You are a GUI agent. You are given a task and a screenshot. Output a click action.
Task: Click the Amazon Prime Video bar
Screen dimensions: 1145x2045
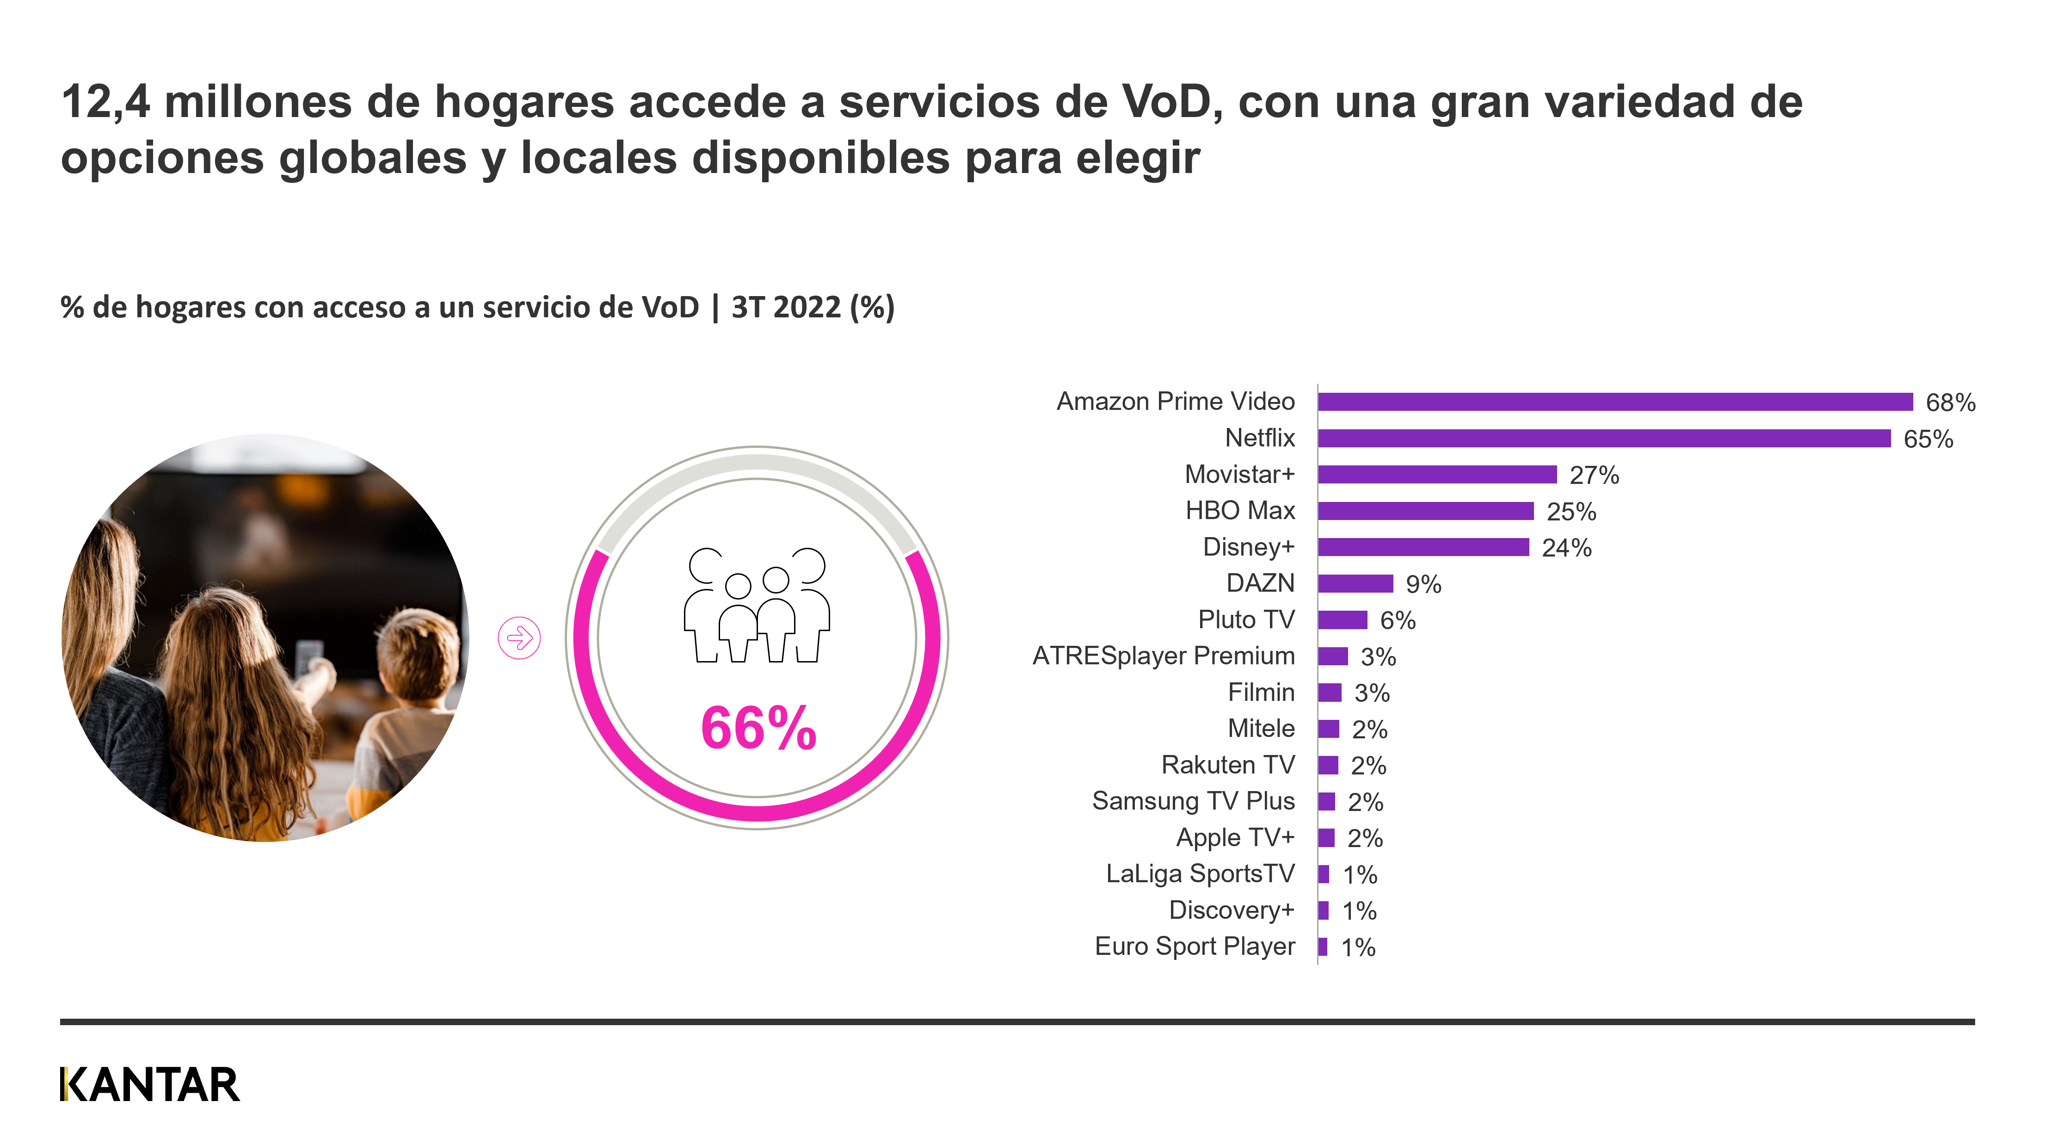tap(1615, 402)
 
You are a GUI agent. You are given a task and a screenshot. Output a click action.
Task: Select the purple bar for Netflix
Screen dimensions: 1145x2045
tap(1604, 438)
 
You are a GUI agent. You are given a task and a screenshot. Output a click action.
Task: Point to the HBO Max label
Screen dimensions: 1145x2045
tap(1239, 511)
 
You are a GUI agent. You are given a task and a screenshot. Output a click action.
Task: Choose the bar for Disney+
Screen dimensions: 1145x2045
tap(1423, 547)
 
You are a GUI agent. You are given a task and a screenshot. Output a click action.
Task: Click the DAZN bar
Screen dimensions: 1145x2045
tap(1355, 584)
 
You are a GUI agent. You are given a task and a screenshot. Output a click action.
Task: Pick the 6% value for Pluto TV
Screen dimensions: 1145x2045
tap(1397, 620)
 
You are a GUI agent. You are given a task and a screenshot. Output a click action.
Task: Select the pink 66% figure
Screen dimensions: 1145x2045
tap(758, 728)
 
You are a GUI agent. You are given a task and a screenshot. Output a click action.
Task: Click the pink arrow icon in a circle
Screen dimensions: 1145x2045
tap(519, 637)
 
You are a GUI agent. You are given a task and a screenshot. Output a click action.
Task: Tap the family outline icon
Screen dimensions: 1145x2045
tap(757, 605)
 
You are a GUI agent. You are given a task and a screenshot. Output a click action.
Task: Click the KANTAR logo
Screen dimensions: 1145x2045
tap(149, 1085)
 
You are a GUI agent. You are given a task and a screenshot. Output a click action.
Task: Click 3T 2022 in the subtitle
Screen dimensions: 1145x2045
tap(785, 307)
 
